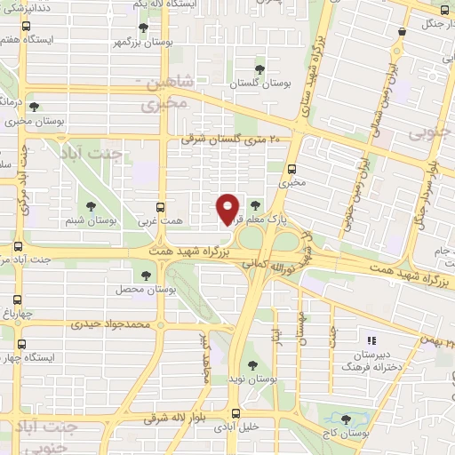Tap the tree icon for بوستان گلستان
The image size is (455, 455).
(259, 68)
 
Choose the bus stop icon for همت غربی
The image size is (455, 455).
(161, 204)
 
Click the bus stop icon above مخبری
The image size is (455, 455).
(291, 168)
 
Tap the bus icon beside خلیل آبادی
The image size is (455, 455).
(235, 413)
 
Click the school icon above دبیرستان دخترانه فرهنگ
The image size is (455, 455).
(372, 339)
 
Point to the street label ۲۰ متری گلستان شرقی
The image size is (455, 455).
(229, 139)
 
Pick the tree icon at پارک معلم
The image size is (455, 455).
(256, 204)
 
